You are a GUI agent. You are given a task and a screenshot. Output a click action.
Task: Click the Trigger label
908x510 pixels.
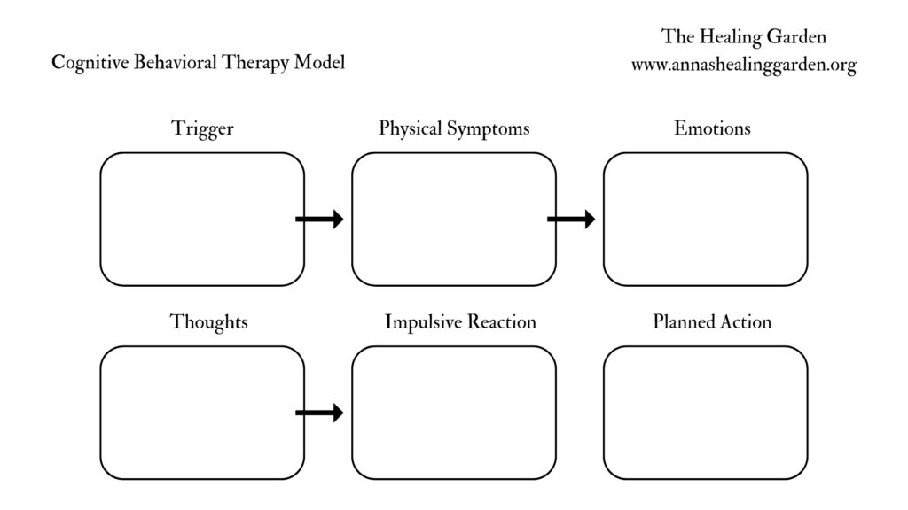[202, 129]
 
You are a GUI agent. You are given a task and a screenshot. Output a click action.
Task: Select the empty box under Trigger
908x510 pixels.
[202, 220]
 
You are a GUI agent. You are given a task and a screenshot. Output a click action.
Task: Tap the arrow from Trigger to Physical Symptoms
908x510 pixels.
[319, 220]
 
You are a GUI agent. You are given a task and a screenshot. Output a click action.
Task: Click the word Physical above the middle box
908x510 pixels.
[410, 129]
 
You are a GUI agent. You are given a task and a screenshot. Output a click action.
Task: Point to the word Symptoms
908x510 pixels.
[487, 129]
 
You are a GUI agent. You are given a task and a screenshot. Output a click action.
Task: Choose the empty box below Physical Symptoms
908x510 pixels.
[454, 220]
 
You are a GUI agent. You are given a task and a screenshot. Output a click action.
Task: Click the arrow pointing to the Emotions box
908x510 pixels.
[571, 220]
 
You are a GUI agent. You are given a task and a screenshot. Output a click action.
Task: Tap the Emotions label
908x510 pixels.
[712, 128]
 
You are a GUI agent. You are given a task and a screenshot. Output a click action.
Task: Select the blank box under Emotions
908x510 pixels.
[706, 220]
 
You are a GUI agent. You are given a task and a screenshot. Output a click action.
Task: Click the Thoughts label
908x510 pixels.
[208, 322]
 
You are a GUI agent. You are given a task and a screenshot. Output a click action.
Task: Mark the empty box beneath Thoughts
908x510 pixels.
[202, 413]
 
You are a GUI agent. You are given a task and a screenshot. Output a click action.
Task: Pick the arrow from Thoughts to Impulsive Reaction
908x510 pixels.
[319, 413]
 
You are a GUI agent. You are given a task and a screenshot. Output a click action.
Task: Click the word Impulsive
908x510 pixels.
[420, 322]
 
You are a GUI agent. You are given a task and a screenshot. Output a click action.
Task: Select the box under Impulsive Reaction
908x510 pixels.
[454, 413]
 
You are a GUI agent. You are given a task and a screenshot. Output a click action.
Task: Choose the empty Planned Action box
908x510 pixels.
[706, 413]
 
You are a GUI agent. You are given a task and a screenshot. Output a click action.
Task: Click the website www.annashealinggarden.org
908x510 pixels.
[743, 66]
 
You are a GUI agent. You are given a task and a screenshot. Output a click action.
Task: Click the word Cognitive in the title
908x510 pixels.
[89, 64]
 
